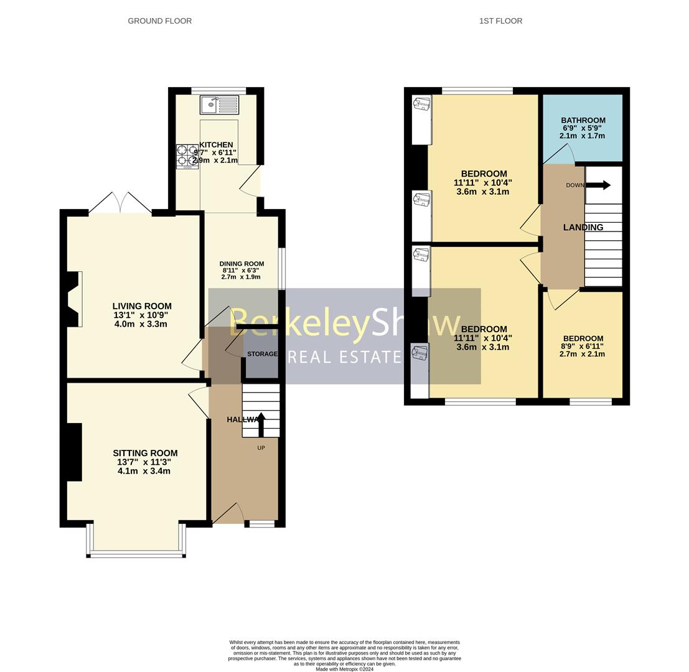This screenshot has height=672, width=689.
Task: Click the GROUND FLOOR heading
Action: point(159,21)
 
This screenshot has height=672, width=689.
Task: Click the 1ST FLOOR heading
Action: point(500,21)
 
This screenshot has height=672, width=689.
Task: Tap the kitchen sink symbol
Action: point(219,105)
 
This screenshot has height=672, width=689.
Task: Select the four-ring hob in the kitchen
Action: point(187,156)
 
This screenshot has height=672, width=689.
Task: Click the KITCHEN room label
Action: point(216,145)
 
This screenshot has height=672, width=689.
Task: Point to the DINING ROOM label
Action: point(241,264)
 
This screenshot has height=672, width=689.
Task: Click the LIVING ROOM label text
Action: point(142,306)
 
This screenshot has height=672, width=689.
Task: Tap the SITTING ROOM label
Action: point(145,453)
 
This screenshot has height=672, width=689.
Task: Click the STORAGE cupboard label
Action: point(262,354)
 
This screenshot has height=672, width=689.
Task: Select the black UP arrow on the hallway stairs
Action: point(260,424)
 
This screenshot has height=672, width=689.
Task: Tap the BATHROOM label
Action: point(583,121)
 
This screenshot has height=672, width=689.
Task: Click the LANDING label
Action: point(583,228)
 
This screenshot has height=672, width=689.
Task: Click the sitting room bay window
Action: point(136,553)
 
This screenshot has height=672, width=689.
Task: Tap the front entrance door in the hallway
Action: point(228,514)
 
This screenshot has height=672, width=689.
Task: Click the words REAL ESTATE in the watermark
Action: point(345,357)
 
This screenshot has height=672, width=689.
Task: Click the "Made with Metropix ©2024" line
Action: point(344,670)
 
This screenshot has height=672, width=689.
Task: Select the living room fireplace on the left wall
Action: point(74,299)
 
